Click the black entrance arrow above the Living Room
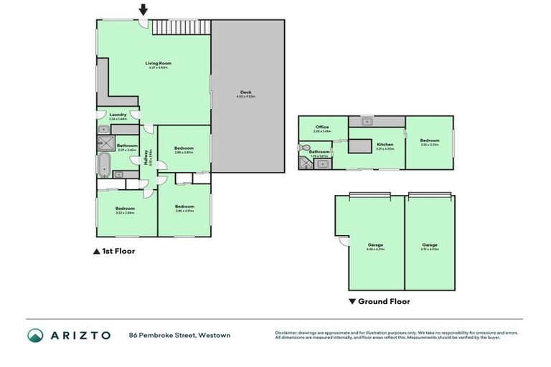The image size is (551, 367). click(x=143, y=9)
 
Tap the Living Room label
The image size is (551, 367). click(x=159, y=63)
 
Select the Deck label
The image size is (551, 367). click(x=245, y=92)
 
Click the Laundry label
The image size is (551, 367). click(x=118, y=115)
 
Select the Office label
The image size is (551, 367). click(x=321, y=128)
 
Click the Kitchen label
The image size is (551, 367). click(x=385, y=145)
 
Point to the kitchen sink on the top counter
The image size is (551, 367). click(x=366, y=120)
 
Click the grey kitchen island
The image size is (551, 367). click(x=358, y=146)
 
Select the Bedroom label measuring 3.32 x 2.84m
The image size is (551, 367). click(x=125, y=209)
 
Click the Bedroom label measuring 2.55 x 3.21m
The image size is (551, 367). click(x=429, y=141)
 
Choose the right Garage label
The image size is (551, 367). click(x=430, y=245)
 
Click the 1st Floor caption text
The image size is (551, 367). click(x=118, y=252)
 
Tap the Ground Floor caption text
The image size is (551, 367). click(x=384, y=302)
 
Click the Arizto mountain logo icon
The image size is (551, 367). click(x=35, y=335)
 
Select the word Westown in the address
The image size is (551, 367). click(x=215, y=335)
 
